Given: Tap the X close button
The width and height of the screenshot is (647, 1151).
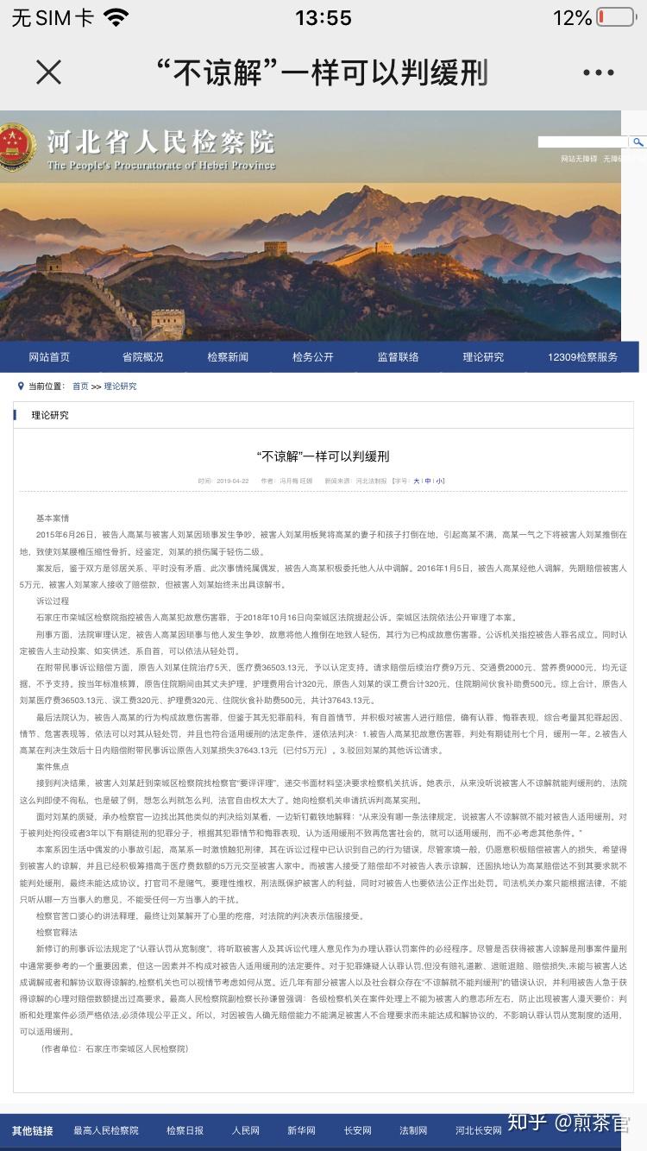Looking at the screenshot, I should tap(49, 72).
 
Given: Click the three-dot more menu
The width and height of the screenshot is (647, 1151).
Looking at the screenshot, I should tap(598, 73).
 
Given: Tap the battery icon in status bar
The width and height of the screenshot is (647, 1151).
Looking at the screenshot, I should tap(615, 17).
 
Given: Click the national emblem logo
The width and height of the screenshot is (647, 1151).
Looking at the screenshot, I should tap(17, 146).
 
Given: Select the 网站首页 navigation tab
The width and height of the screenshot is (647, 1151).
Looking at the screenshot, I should tap(49, 357).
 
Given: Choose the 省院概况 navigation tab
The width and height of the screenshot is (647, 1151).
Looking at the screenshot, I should tap(142, 357).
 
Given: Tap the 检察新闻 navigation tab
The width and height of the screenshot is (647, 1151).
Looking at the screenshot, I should tap(228, 357).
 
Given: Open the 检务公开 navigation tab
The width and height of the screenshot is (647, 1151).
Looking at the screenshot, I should tap(312, 357).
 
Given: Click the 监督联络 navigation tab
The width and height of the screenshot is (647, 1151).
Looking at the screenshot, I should tap(398, 357).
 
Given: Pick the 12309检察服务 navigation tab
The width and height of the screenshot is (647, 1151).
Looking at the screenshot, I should tap(582, 357).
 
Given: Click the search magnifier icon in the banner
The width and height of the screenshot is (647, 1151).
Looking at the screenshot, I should tap(638, 142).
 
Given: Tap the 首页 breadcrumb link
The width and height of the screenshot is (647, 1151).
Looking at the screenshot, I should tap(80, 387).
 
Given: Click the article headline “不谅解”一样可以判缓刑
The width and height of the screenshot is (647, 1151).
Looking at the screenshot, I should tap(323, 456).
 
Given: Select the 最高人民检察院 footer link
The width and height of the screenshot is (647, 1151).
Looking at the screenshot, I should tap(106, 1130).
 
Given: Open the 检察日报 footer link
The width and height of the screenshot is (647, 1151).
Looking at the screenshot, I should tap(185, 1130).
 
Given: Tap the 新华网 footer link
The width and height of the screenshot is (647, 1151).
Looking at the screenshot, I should tap(301, 1130).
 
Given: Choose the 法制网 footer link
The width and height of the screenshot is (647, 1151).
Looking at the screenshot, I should tap(413, 1130).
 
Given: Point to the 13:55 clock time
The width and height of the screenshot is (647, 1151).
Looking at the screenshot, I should tap(323, 17).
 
